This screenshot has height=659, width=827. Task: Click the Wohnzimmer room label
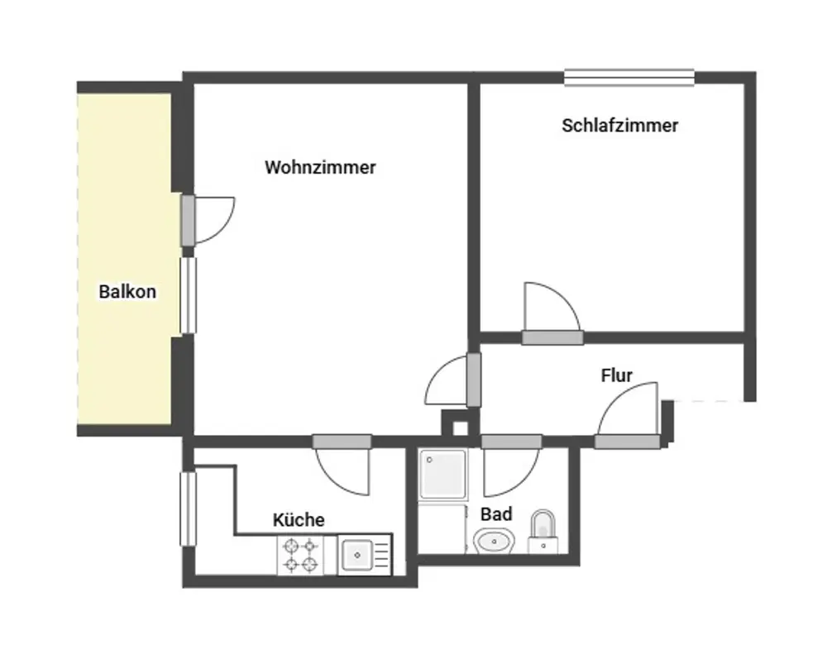coord(320,167)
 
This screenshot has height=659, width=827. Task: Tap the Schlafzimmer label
coord(619,126)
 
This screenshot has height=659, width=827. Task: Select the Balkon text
coord(127,292)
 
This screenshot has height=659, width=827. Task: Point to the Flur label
coord(617,375)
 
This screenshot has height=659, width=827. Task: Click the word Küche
coord(299,520)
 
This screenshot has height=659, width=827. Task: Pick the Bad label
coord(495,514)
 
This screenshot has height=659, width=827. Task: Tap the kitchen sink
coord(365,555)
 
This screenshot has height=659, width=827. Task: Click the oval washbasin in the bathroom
coord(495,541)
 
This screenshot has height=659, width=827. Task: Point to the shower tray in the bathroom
coord(442,474)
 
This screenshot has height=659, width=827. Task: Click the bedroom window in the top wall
coord(629,78)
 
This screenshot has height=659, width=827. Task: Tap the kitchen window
coord(189,509)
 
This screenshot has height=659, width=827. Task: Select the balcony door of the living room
coord(208,221)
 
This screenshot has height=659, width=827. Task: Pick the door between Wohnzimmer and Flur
coord(453,380)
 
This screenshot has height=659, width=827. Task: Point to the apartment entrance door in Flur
coord(629,415)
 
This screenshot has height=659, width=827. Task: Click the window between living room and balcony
coord(189,295)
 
